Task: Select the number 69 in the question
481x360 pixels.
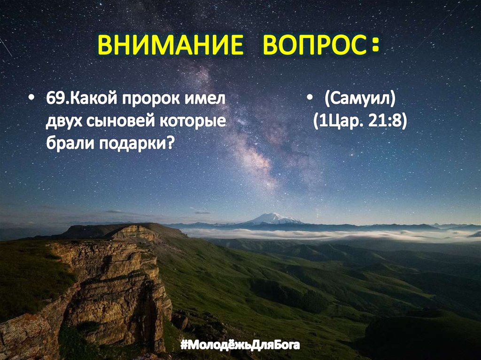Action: (x=53, y=100)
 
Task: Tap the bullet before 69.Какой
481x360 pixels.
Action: (x=31, y=100)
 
